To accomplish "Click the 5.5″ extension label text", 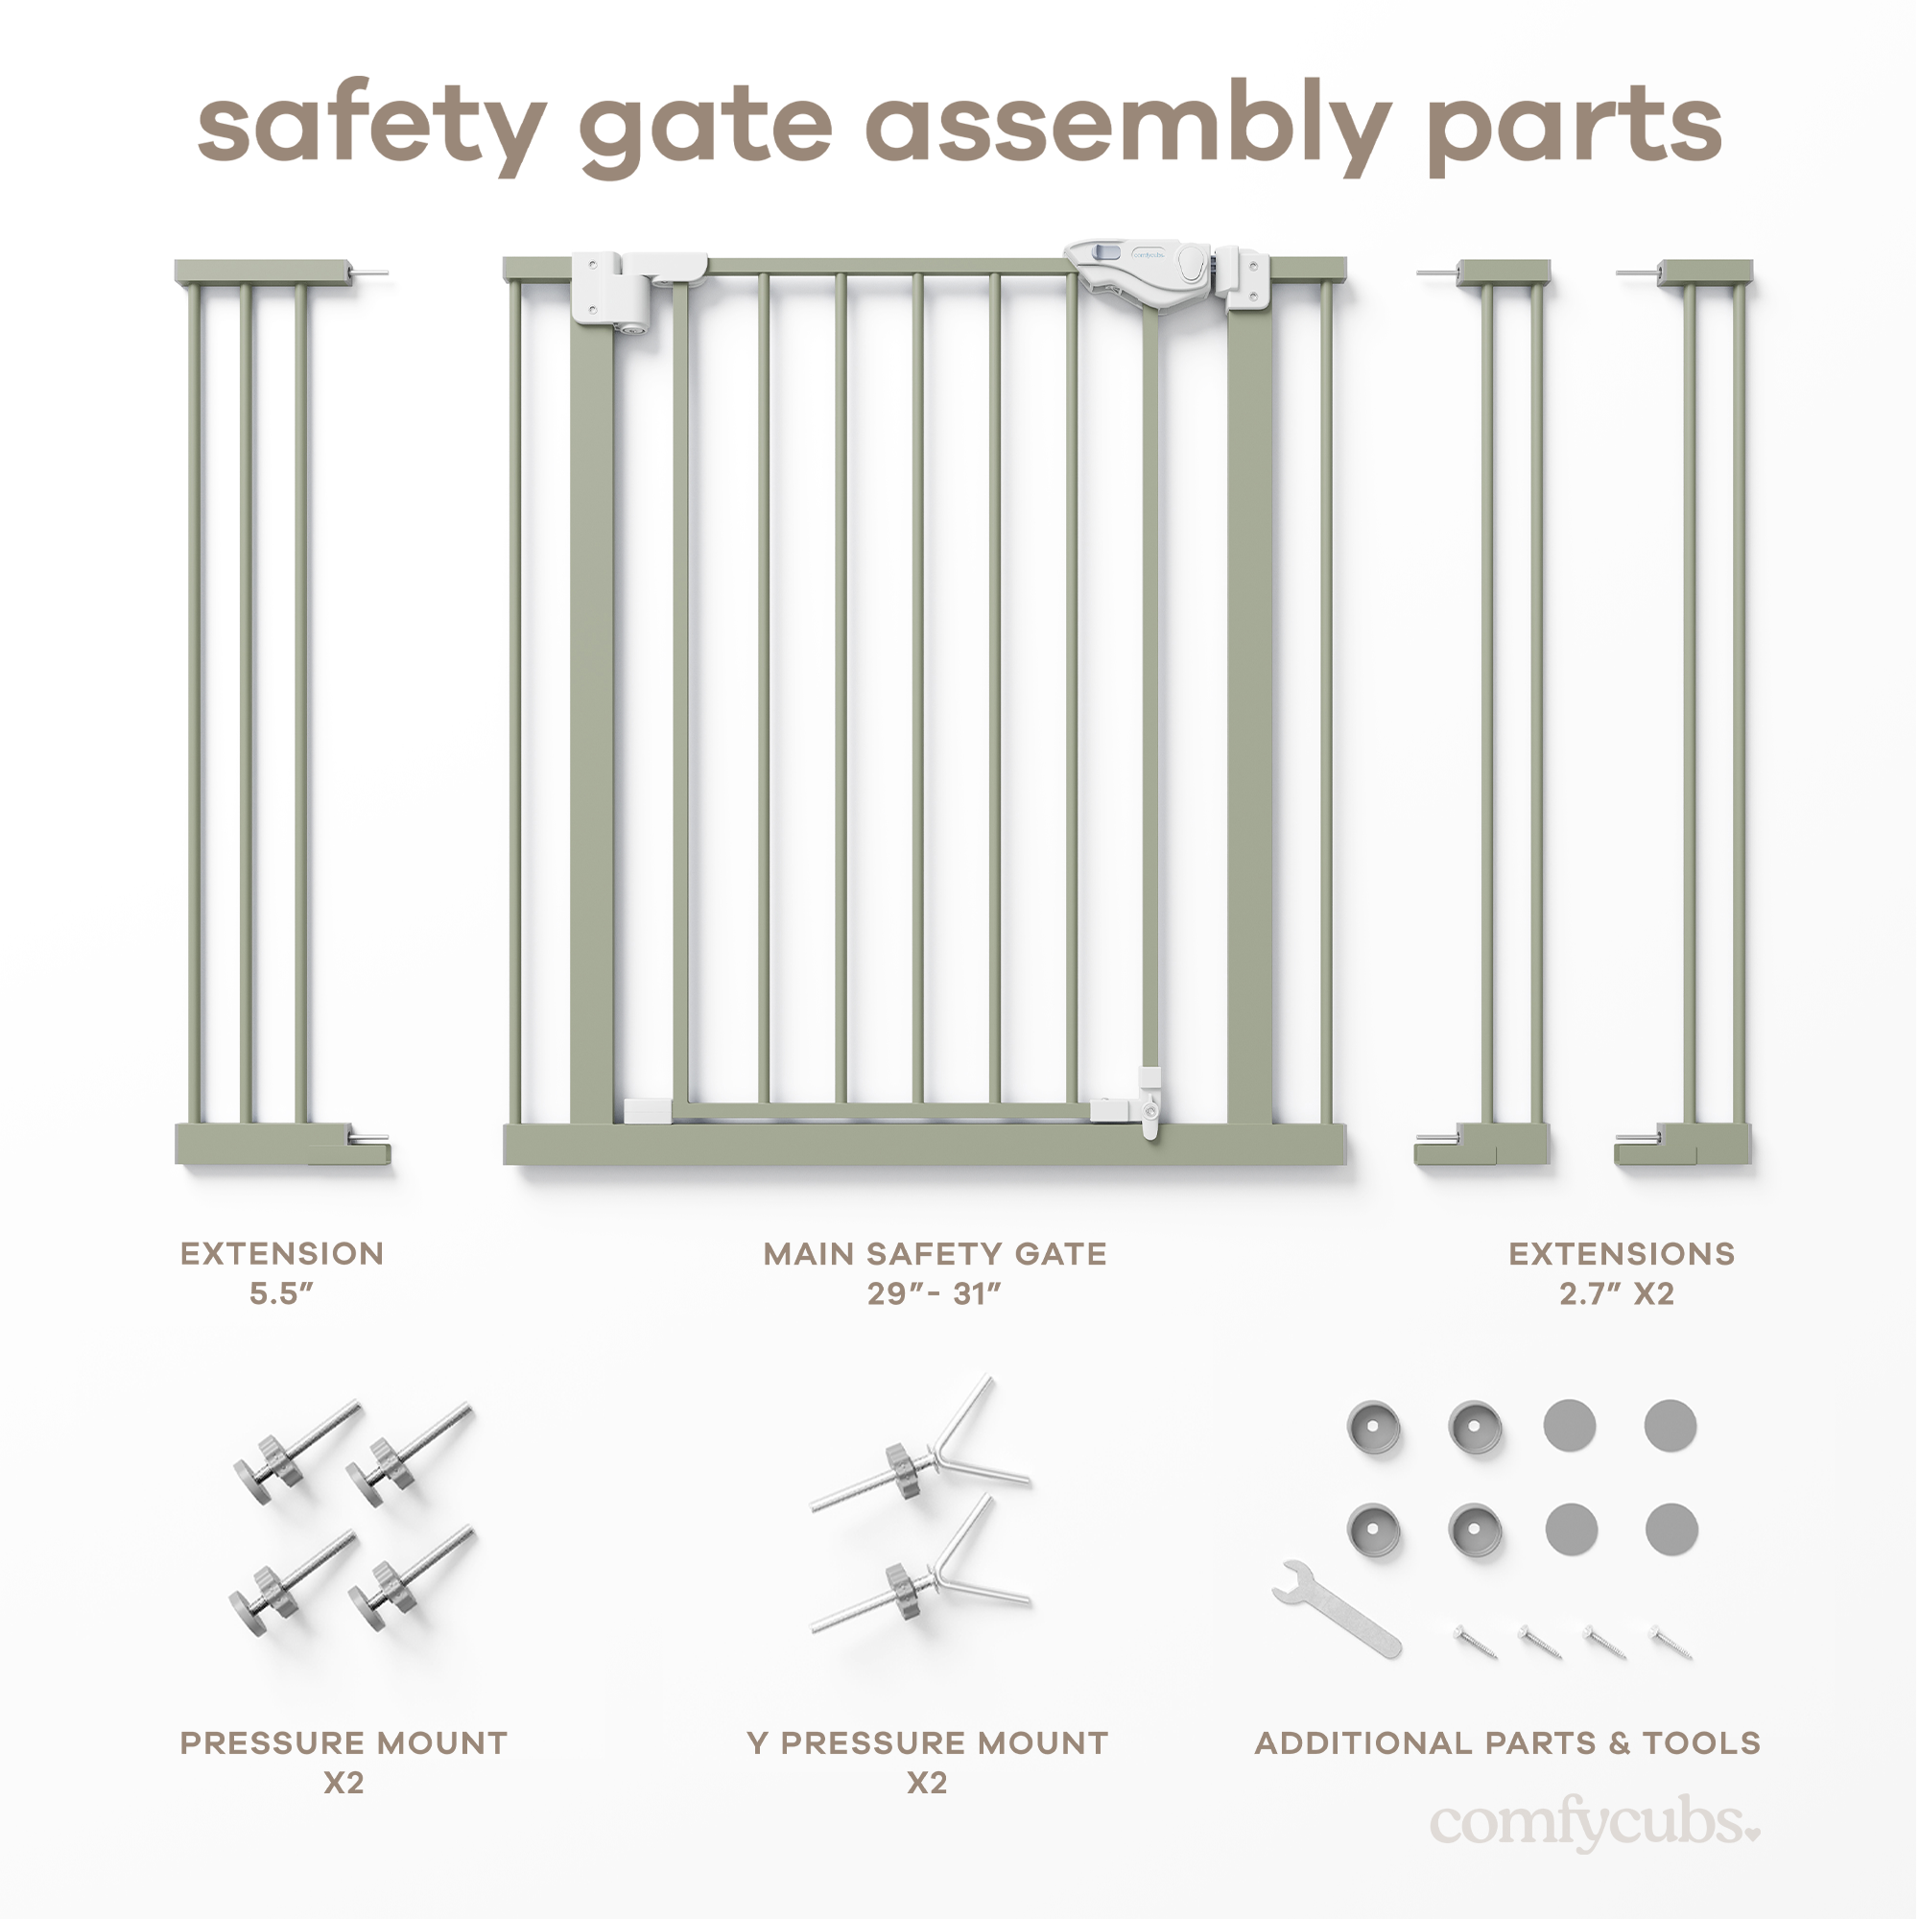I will coord(281,1294).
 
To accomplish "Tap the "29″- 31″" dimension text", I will coord(934,1294).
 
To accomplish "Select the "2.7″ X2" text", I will coord(1616,1294).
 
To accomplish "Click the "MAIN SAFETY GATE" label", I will coord(934,1254).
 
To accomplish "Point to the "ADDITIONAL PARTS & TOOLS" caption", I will coord(1506,1743).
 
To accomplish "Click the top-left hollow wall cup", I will coord(1374,1429).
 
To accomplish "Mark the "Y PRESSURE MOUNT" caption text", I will coord(927,1743).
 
